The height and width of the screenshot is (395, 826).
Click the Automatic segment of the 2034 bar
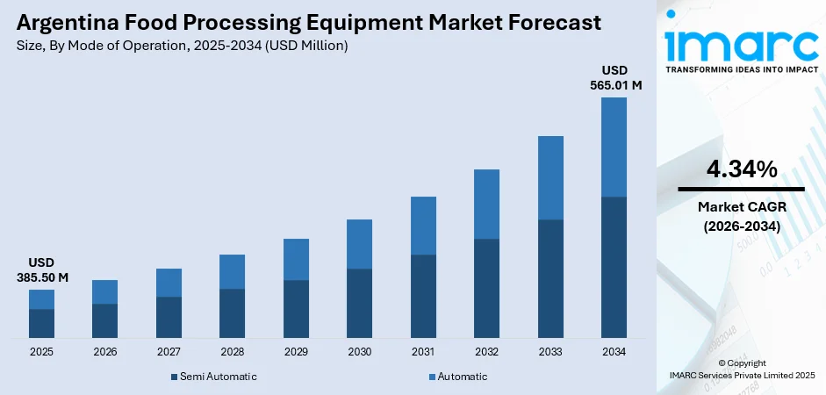[x=614, y=147]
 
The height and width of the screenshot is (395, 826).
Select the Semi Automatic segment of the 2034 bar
[x=614, y=267]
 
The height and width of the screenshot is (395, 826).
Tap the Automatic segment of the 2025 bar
[x=41, y=299]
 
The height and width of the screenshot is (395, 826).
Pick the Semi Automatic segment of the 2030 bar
[x=359, y=303]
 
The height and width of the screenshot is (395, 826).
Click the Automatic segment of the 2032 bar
[x=486, y=204]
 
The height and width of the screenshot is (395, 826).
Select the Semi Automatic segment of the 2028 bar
[x=232, y=313]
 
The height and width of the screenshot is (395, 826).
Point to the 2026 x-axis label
[x=104, y=352]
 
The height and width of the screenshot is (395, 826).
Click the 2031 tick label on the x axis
[x=423, y=352]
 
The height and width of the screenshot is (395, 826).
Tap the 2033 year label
[x=550, y=352]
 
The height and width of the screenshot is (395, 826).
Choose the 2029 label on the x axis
[x=296, y=352]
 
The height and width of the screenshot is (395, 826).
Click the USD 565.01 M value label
[x=614, y=77]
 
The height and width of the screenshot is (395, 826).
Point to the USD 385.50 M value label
[x=41, y=269]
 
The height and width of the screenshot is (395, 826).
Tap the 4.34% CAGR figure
[x=741, y=169]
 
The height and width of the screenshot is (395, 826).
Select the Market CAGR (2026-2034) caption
[x=741, y=217]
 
